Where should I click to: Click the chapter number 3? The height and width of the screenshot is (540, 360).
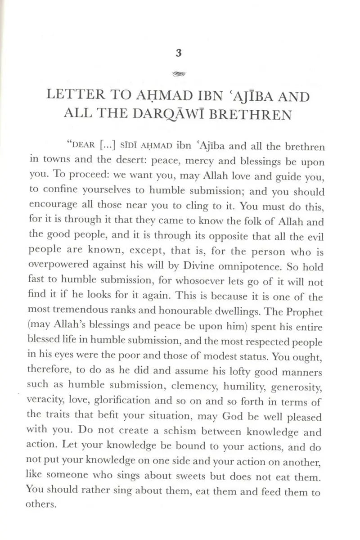click(179, 54)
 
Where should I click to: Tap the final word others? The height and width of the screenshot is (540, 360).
click(40, 504)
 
